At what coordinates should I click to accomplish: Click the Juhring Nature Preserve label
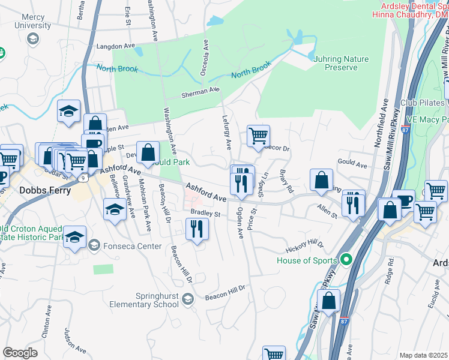point(341,63)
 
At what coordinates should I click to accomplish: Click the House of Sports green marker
point(345,260)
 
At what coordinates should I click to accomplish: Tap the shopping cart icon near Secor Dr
point(258,136)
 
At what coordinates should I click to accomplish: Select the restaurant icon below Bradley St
point(196,228)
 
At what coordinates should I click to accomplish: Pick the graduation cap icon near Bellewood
point(115,210)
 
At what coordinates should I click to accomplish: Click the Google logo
point(20,352)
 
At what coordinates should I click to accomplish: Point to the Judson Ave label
point(70,340)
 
